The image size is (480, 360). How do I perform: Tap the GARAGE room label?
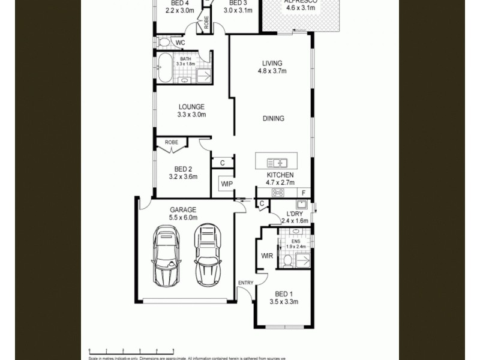pos(183,209)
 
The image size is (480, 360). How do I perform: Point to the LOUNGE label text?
pos(191,107)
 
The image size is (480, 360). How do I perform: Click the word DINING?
pos(273,118)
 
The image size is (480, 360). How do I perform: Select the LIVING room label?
pos(272,63)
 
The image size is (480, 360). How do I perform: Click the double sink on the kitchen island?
pos(277,162)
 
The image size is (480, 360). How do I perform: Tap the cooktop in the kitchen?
pos(278,193)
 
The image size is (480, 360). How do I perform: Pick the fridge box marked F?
pos(304,193)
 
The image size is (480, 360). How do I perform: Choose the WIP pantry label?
pos(227,184)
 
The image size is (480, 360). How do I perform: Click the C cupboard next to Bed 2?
pos(222,163)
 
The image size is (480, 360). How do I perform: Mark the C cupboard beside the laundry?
pos(262,205)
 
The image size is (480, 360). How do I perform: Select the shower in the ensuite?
pos(304,260)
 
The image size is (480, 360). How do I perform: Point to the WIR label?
pos(268,256)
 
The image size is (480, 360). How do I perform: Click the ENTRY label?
pos(245,283)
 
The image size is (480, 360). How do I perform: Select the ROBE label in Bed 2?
pos(172,142)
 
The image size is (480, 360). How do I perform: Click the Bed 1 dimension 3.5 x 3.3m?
pos(283,302)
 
